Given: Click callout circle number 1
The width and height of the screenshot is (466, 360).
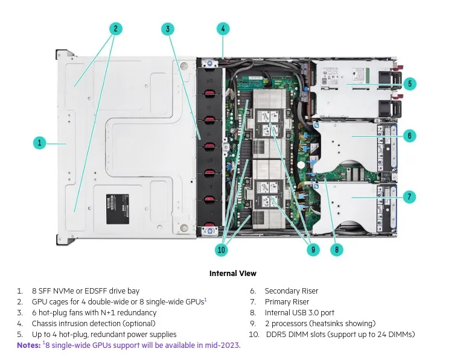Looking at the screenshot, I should coord(39,143).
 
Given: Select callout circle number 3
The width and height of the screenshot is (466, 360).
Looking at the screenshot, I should coord(168,28).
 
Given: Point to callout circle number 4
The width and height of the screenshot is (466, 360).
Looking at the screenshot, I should coord(223,28).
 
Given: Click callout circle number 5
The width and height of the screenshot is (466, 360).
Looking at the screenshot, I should coord(409,84).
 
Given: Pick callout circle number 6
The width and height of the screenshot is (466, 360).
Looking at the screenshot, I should coord(409,136).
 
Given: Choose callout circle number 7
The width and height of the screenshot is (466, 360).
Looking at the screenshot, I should coord(409,196).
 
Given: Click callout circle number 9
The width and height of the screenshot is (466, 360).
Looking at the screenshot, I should coord(312,249).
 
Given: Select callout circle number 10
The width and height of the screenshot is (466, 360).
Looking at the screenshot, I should coord(221,249).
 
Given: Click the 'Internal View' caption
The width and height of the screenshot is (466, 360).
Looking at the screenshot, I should coord(232,274).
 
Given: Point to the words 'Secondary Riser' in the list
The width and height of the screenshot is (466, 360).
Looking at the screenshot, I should coord(291,291).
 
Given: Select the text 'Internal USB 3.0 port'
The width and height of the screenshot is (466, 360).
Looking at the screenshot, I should coord(299,313).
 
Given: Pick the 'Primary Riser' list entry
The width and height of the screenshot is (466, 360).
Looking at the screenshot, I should coord(287,302).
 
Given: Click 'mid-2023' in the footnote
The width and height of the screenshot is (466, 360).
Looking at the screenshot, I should coord(223,345).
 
